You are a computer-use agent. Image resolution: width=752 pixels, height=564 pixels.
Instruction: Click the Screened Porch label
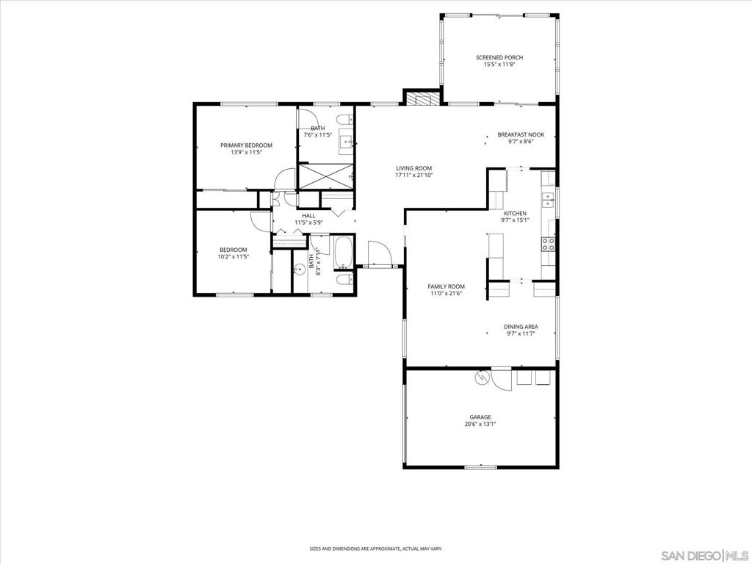pos(499,57)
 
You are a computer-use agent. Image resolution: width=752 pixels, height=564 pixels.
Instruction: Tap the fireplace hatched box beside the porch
pos(422,98)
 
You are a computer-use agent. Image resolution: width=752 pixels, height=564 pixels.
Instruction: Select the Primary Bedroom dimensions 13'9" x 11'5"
pos(246,153)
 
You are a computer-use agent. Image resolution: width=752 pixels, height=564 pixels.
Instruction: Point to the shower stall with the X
pos(326,176)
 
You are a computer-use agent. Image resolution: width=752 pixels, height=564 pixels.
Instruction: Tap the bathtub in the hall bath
pos(344,253)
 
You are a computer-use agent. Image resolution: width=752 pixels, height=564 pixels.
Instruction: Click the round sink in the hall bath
pos(300,269)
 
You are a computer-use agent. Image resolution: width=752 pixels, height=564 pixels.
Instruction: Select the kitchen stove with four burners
pos(548,244)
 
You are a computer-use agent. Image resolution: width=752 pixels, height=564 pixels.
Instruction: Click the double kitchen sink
pos(548,200)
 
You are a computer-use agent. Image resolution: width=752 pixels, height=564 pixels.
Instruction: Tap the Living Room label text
pos(414,168)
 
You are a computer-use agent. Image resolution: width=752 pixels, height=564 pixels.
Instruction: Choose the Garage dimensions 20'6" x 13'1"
pos(480,424)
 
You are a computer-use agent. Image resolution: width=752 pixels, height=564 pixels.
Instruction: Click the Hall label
pos(309,216)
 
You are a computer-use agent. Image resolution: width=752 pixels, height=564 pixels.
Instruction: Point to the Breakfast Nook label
pos(521,135)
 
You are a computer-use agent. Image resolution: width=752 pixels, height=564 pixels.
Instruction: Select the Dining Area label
pos(521,327)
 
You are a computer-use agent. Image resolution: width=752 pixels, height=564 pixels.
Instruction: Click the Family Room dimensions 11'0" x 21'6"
pos(446,294)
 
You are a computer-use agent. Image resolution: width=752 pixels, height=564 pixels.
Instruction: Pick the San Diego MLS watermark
pos(704,555)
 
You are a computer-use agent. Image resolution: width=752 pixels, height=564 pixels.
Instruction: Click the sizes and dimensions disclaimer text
pos(376,549)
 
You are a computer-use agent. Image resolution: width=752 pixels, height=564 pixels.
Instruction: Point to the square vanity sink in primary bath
pos(347,141)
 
